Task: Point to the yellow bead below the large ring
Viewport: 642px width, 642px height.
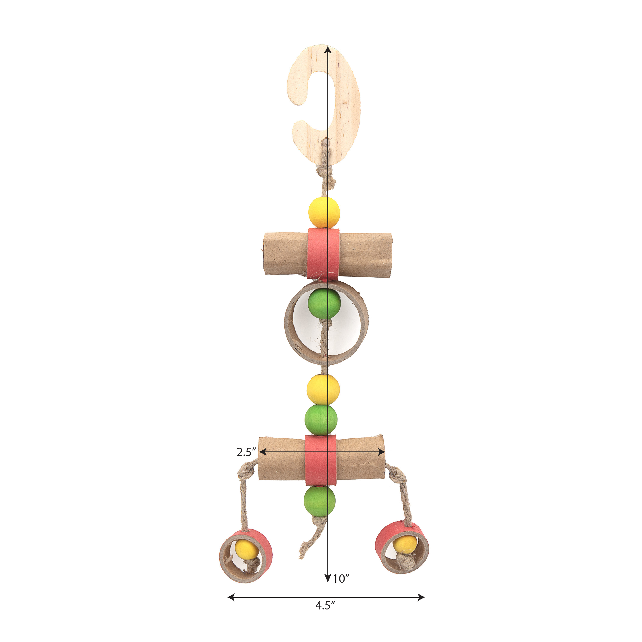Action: (x=323, y=389)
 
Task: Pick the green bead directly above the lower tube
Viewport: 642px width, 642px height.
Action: (x=321, y=420)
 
